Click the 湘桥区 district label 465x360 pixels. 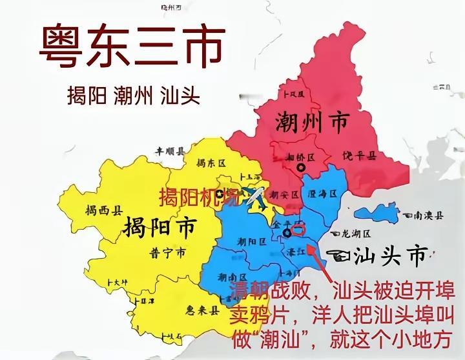point(300,157)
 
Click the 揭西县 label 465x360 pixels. point(104,210)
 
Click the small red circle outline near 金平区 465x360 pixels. point(298,229)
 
